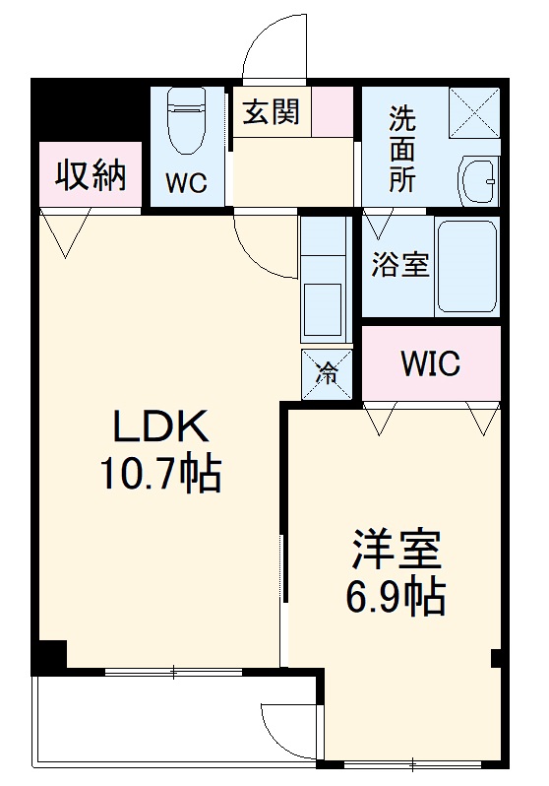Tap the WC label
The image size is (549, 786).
tap(186, 184)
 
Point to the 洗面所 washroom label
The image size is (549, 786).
tap(401, 149)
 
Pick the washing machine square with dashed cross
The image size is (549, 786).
tap(474, 113)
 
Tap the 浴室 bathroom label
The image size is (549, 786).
tap(401, 265)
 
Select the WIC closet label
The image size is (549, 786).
tap(430, 364)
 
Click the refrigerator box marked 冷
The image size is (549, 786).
tap(326, 373)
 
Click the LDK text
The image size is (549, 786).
tap(159, 427)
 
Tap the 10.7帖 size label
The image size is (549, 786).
tap(159, 476)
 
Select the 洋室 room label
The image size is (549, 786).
tap(397, 549)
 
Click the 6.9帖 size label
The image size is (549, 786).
tap(397, 596)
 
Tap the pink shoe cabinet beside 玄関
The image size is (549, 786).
tap(333, 112)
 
